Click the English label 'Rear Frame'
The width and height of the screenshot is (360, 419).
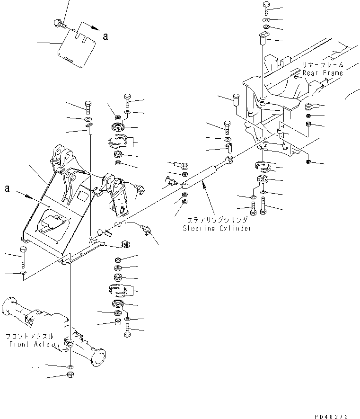[x=324, y=73]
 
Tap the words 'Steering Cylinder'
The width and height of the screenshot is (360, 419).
[x=217, y=228]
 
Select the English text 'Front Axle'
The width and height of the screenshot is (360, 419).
[x=30, y=344]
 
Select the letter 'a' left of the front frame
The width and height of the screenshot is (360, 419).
[x=7, y=188]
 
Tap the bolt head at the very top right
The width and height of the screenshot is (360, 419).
[x=264, y=7]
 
